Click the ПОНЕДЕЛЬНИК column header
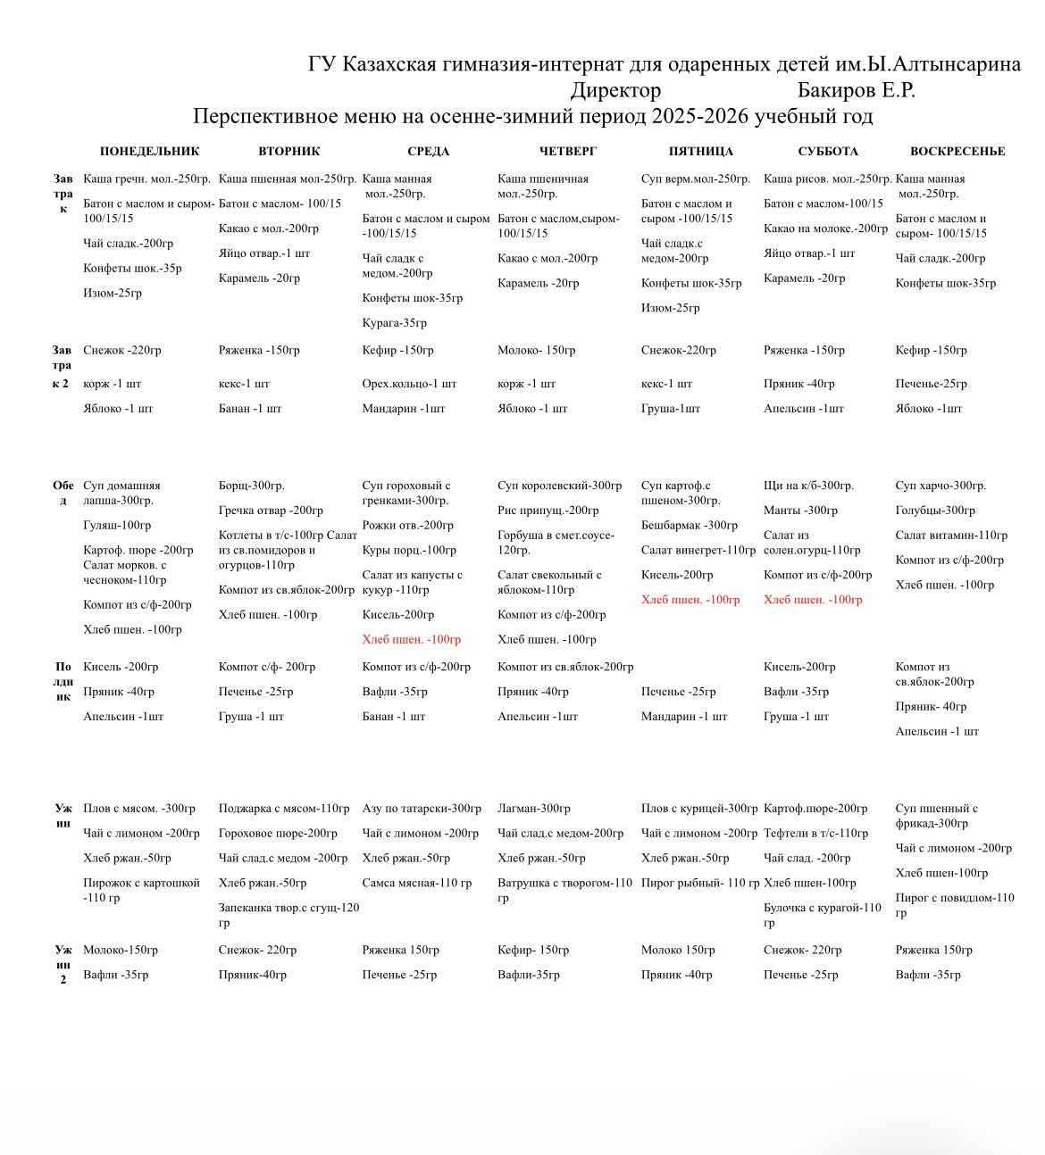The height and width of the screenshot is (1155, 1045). [x=149, y=151]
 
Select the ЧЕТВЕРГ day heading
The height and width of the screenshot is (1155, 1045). [x=567, y=151]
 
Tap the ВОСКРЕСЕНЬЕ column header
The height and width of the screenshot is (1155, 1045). [x=957, y=151]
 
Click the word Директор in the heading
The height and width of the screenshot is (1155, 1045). [x=615, y=90]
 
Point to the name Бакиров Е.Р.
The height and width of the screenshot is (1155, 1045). [x=856, y=90]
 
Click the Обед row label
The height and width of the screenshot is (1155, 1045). [x=63, y=493]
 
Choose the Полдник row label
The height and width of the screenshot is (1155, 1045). [x=63, y=681]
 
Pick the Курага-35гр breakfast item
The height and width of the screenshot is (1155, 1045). [x=395, y=323]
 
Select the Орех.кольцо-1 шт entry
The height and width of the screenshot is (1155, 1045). [x=409, y=384]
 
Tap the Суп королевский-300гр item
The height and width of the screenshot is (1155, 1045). [x=559, y=486]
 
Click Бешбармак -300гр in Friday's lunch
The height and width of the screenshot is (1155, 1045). [x=690, y=525]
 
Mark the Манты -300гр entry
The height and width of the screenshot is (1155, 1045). [x=800, y=511]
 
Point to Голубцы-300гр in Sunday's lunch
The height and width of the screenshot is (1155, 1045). [x=935, y=511]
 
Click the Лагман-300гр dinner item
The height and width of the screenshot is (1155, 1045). [x=534, y=809]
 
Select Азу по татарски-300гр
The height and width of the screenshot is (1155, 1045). [x=422, y=809]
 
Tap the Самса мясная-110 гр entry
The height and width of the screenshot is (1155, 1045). [x=417, y=883]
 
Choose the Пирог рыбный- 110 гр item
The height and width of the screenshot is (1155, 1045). [x=700, y=883]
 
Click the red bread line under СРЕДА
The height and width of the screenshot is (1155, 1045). [x=412, y=639]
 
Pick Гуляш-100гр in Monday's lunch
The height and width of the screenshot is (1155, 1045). [x=117, y=525]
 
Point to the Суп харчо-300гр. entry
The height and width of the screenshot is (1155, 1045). [x=940, y=486]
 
